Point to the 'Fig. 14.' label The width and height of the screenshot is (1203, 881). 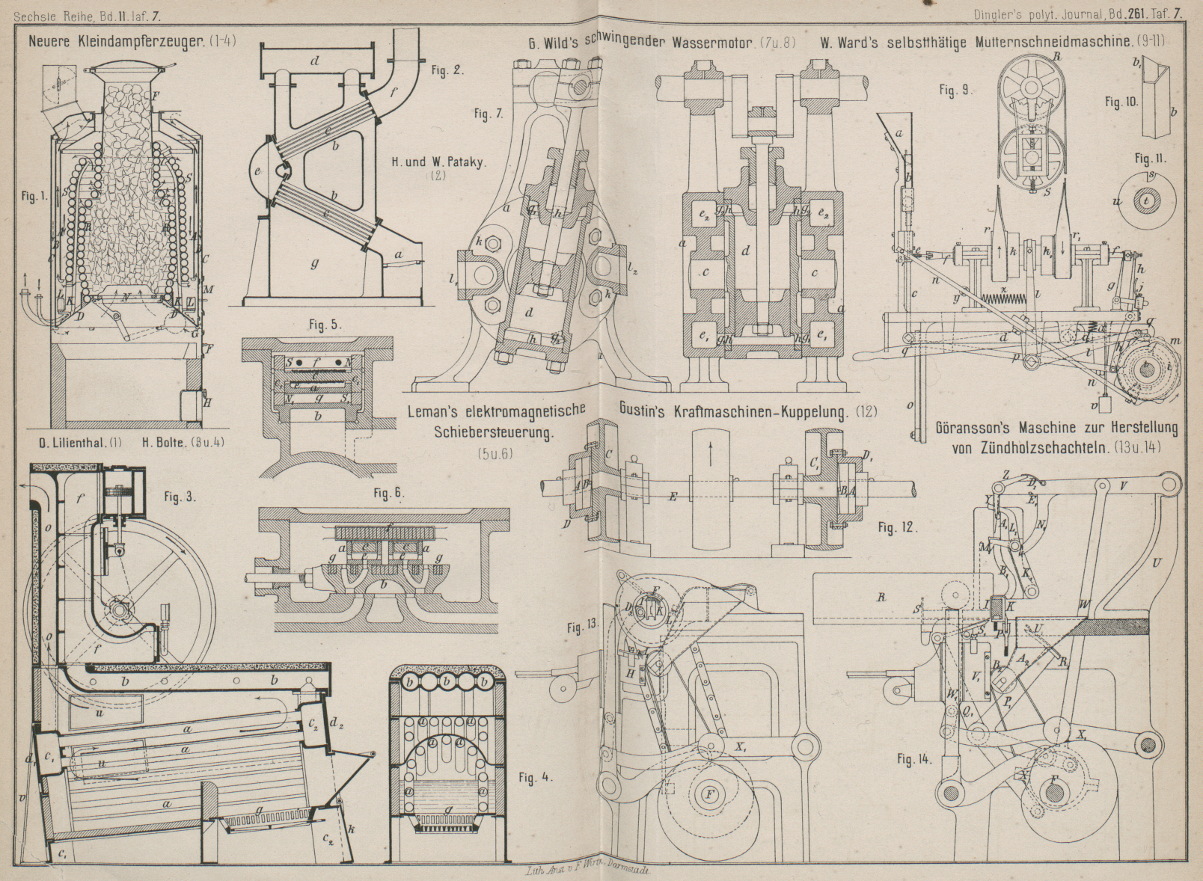(x=914, y=760)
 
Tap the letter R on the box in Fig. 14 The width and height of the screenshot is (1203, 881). (x=882, y=597)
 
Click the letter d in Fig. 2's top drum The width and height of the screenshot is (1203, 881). (x=315, y=61)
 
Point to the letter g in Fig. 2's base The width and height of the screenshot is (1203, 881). (x=314, y=263)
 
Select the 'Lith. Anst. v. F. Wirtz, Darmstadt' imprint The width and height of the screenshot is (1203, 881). (x=581, y=871)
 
